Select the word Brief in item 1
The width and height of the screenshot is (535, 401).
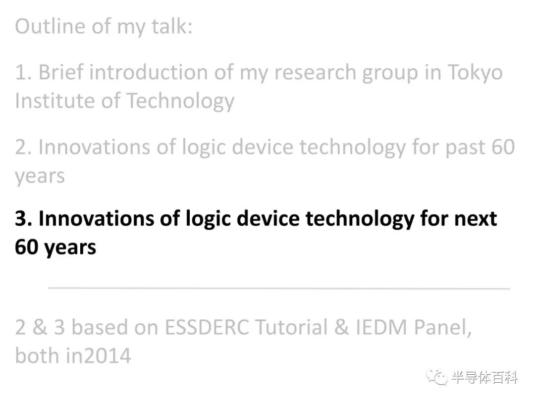[x=61, y=72]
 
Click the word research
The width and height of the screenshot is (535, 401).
[x=315, y=73]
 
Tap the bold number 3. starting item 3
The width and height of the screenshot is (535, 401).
[x=24, y=219]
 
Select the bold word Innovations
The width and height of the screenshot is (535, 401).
[x=97, y=219]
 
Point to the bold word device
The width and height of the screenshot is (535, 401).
[x=268, y=219]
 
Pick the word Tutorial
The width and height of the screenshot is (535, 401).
[x=291, y=327]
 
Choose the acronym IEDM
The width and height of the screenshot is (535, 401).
[x=381, y=327]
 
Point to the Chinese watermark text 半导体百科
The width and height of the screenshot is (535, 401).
[x=484, y=377]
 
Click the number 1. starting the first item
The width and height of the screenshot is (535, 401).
[x=24, y=73]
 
